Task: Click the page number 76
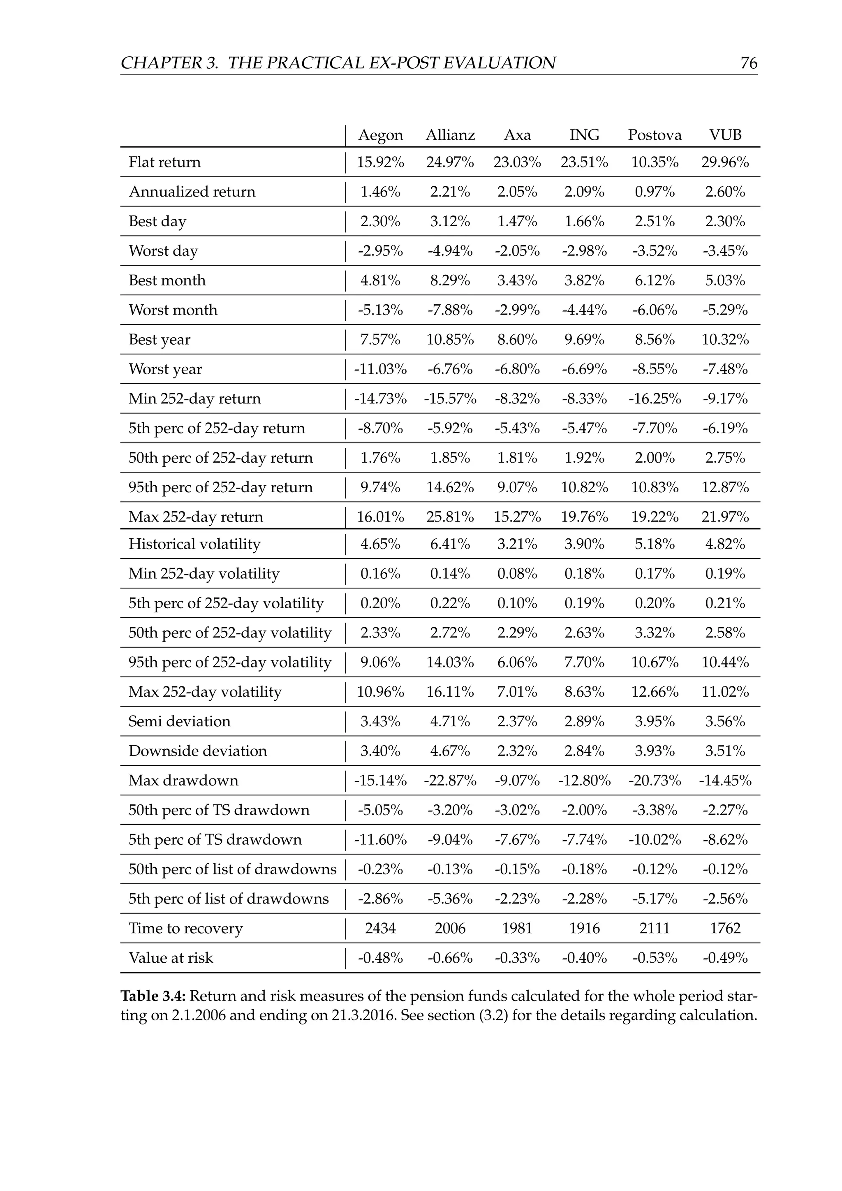pyautogui.click(x=749, y=63)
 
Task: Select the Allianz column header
pyautogui.click(x=450, y=135)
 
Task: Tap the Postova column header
pyautogui.click(x=654, y=135)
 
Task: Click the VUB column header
pyautogui.click(x=725, y=135)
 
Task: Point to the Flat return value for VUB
pyautogui.click(x=725, y=162)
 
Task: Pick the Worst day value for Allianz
pyautogui.click(x=450, y=251)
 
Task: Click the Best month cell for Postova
pyautogui.click(x=654, y=280)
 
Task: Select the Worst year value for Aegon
pyautogui.click(x=380, y=369)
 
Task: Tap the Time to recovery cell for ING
pyautogui.click(x=584, y=928)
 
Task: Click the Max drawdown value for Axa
pyautogui.click(x=517, y=780)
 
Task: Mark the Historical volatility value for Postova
pyautogui.click(x=654, y=544)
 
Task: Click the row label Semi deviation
pyautogui.click(x=179, y=722)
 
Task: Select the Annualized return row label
pyautogui.click(x=192, y=192)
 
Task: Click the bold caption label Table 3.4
pyautogui.click(x=153, y=996)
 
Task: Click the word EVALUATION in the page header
pyautogui.click(x=500, y=63)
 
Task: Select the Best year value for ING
pyautogui.click(x=584, y=340)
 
